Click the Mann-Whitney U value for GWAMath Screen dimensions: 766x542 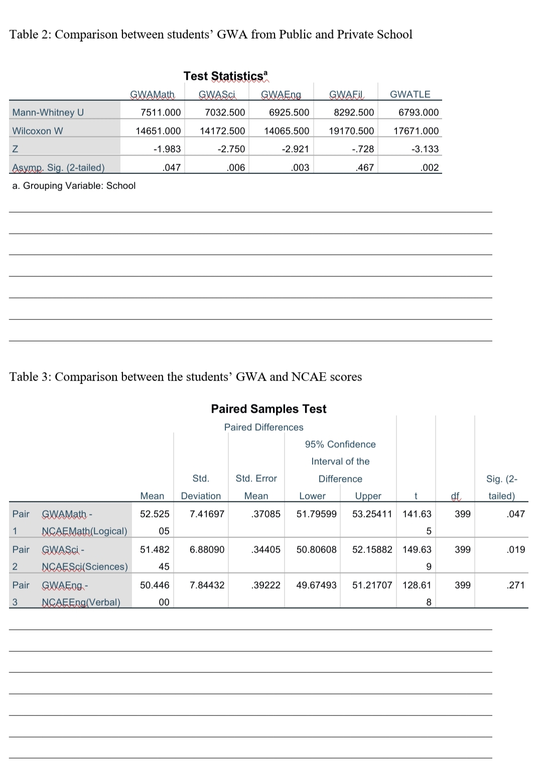(x=161, y=112)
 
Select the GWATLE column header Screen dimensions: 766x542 (x=410, y=94)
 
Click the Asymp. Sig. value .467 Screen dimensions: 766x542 (x=364, y=167)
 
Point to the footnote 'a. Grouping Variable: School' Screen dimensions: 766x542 (x=74, y=185)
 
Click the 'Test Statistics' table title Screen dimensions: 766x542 (x=223, y=76)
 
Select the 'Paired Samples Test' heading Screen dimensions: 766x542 (x=268, y=409)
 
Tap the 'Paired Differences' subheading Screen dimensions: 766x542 (x=263, y=427)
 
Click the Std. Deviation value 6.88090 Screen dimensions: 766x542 (x=207, y=549)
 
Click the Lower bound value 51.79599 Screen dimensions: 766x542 (x=316, y=514)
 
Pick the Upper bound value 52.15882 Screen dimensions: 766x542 (x=372, y=549)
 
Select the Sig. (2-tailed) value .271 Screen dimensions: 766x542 (x=516, y=585)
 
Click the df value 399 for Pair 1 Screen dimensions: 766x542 (x=462, y=514)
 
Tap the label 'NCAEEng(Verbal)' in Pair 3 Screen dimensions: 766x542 (x=81, y=602)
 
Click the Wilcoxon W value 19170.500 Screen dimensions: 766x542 (x=351, y=131)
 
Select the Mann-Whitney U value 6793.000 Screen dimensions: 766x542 (x=419, y=112)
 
